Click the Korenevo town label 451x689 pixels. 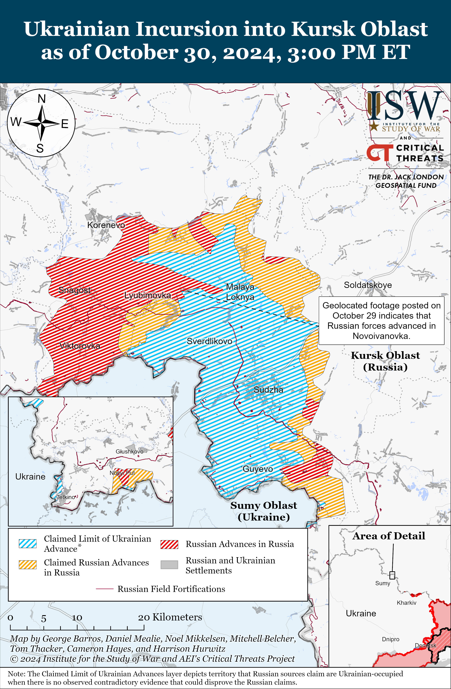point(106,225)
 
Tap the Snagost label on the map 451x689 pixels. point(74,290)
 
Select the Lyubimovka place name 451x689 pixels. point(148,295)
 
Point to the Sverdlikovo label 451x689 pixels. point(209,341)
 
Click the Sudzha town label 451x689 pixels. point(268,390)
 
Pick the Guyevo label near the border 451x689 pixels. point(258,469)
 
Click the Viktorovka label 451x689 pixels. point(80,346)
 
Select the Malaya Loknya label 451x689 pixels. point(240,292)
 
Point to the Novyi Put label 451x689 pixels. point(122,473)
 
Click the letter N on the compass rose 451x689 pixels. point(42,99)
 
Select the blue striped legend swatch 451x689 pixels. point(28,544)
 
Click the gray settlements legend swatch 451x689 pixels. point(169,564)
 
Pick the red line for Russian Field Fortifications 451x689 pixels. point(104,589)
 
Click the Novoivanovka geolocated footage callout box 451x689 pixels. point(381,320)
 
